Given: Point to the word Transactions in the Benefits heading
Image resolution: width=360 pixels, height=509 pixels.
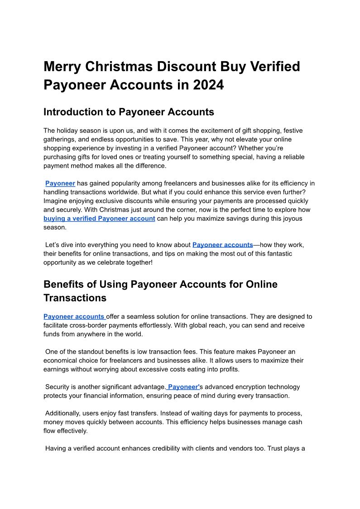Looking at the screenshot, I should pos(75,298).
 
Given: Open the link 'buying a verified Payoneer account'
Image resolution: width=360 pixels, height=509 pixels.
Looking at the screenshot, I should pos(99,218).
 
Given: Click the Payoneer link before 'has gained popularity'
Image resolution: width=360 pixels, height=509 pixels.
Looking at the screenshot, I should pos(60,183).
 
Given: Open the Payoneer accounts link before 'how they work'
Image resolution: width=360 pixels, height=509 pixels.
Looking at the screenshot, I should pos(222,245).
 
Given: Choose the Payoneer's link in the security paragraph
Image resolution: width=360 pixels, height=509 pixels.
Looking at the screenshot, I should pos(183,387).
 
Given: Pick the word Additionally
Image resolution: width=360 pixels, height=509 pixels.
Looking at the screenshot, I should pos(63,413).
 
